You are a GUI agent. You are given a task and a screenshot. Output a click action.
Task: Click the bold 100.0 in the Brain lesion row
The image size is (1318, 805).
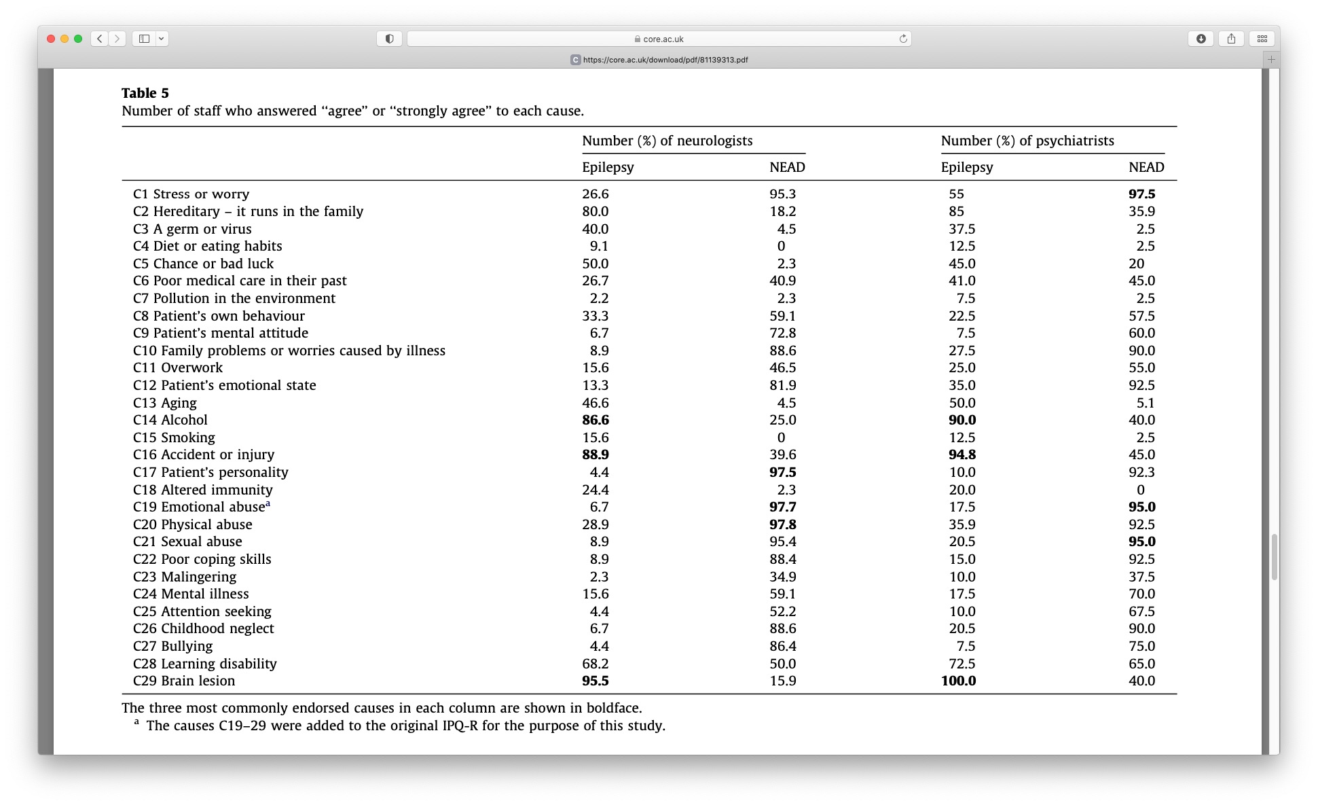958,681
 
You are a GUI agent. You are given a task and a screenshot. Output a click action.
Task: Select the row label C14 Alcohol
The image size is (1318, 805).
170,420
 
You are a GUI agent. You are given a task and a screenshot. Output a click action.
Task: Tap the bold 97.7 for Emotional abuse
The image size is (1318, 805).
782,507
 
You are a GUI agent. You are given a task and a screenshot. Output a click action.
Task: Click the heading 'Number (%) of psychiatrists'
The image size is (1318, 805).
1027,141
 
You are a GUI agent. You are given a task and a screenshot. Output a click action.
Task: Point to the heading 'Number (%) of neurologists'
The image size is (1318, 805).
667,141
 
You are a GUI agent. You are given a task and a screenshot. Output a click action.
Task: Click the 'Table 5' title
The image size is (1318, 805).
145,93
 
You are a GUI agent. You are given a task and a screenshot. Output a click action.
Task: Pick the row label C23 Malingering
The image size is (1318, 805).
185,577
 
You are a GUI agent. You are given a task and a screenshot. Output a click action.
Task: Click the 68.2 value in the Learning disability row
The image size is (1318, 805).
595,664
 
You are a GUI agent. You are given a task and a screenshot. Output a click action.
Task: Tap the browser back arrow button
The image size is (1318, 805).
100,39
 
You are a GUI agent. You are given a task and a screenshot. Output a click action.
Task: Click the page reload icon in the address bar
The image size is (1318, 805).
903,39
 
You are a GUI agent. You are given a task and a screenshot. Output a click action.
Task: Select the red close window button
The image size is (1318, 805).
51,39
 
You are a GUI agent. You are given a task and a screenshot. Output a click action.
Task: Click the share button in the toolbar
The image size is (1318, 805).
1231,39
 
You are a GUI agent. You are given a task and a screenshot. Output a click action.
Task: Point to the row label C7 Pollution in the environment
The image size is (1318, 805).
234,298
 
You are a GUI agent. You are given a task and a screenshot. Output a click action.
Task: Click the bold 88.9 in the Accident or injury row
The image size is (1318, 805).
595,454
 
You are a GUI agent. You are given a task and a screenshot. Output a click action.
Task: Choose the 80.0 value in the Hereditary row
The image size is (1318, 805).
595,211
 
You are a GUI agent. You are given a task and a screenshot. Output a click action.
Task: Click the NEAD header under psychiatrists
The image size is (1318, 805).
1146,167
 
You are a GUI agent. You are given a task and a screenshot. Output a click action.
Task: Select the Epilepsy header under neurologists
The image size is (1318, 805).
608,167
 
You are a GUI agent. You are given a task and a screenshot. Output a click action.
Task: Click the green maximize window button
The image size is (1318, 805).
78,39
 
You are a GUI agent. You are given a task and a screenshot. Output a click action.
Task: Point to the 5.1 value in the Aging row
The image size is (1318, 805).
1146,403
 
